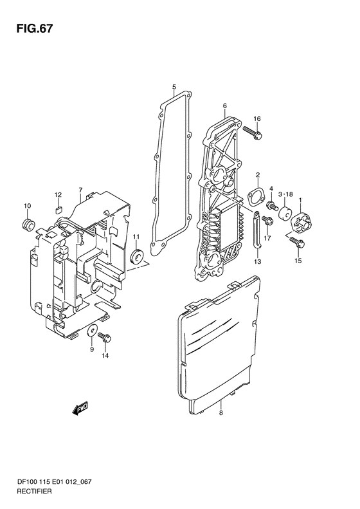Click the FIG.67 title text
click(x=34, y=29)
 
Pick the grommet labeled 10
click(x=28, y=225)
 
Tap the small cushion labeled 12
click(x=58, y=208)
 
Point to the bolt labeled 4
click(x=271, y=205)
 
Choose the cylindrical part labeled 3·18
click(x=285, y=213)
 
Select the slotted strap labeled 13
click(x=256, y=230)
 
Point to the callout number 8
click(x=221, y=413)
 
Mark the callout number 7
click(x=80, y=190)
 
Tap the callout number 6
click(x=225, y=106)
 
